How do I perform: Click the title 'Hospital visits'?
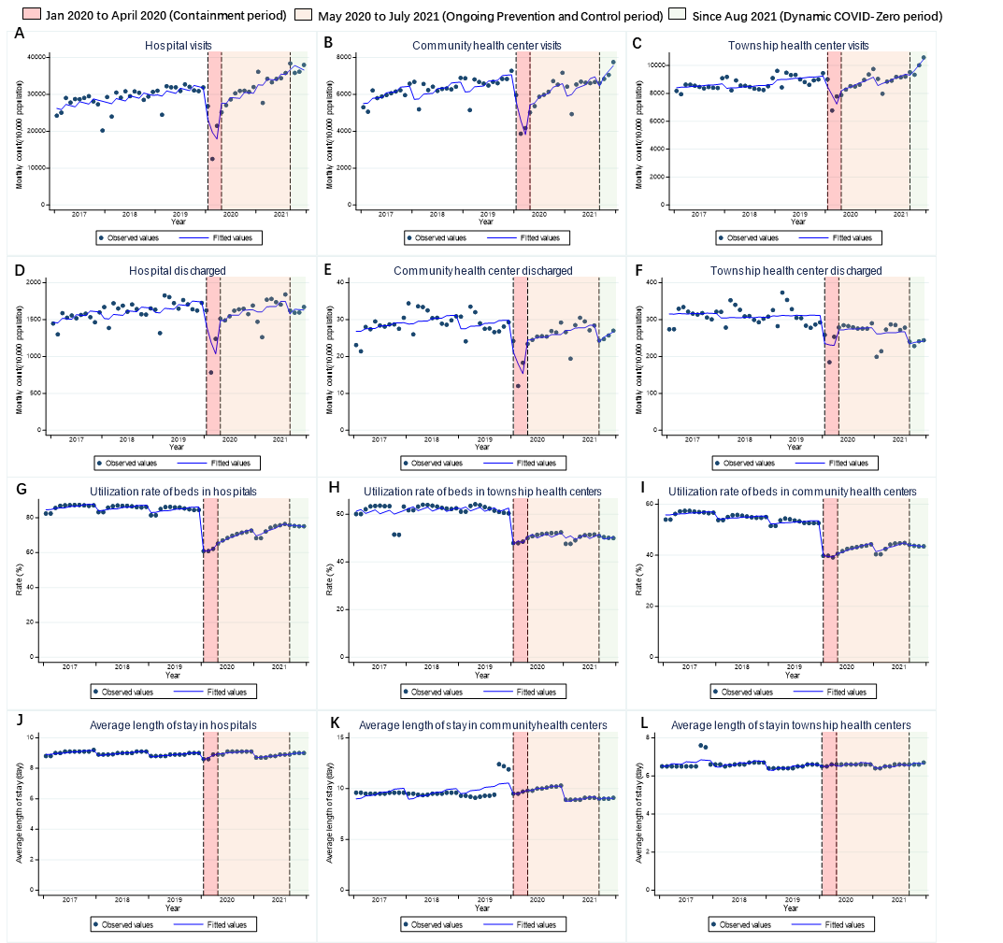178,45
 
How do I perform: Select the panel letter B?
327,43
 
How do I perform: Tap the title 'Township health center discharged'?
803,271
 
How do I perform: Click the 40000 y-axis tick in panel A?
35,58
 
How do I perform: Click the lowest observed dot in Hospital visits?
212,159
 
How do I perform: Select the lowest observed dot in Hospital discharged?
211,373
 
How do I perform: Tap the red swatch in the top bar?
32,14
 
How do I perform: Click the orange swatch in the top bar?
303,14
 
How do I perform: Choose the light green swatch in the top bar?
678,14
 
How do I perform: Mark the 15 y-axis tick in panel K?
343,737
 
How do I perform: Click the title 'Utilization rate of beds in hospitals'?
173,492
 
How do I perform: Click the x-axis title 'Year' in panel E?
484,448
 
